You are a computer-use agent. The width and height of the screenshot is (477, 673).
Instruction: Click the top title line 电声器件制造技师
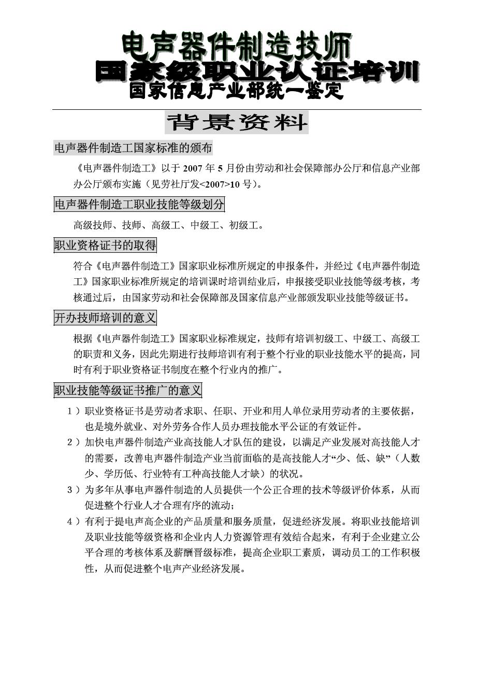point(237,47)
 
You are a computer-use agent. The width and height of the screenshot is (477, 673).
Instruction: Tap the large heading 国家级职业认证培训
point(257,72)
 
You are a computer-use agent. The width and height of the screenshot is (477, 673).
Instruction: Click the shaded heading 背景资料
point(237,123)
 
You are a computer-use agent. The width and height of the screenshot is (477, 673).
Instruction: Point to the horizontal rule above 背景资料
point(237,109)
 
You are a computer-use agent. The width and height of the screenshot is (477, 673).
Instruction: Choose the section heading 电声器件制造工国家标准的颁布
point(133,148)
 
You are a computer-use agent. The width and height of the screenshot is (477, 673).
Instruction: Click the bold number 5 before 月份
point(220,168)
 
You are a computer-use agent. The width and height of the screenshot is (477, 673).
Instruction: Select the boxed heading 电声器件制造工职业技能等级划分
point(139,205)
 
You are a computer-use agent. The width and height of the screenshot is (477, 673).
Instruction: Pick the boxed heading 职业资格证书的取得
point(105,245)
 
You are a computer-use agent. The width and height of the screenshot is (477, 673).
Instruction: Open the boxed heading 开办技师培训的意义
point(105,318)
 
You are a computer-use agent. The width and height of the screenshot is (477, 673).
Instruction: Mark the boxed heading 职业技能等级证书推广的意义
point(128,390)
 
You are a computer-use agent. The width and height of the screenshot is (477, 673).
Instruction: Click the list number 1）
point(74,411)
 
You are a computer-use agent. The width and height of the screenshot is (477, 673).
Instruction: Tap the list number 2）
point(74,442)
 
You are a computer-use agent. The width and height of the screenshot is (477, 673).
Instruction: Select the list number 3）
point(74,490)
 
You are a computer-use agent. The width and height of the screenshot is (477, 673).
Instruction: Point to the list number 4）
point(74,521)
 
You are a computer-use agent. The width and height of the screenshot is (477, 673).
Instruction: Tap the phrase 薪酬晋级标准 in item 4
point(209,553)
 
